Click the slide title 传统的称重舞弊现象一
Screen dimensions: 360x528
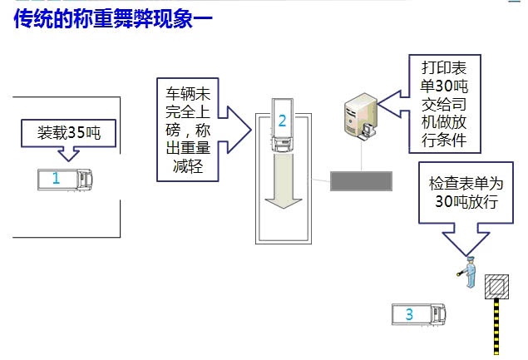coord(112,18)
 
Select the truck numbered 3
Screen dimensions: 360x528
coord(420,314)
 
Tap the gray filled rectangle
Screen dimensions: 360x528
coord(362,180)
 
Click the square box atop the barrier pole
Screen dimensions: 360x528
coord(497,287)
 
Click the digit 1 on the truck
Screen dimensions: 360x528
coord(56,178)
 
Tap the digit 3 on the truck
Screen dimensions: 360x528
coord(409,314)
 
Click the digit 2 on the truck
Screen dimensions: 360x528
coord(282,121)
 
